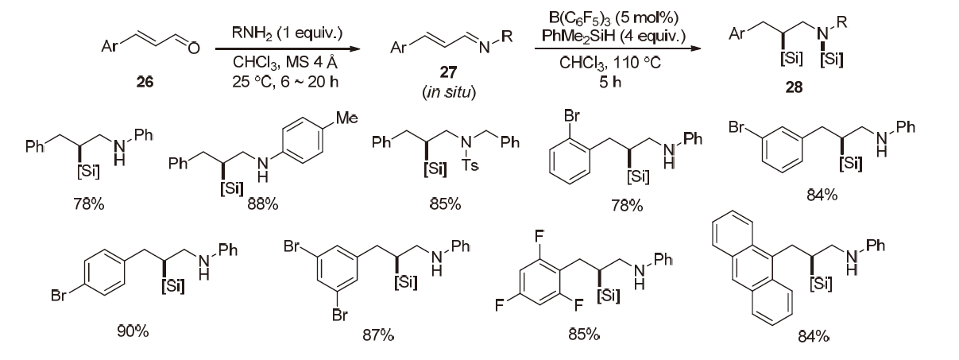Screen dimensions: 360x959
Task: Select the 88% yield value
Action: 261,205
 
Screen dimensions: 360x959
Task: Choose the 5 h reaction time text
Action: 611,72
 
